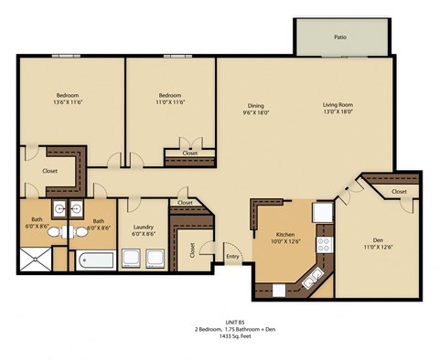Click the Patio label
[339, 37]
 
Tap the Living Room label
[337, 105]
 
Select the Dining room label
[255, 105]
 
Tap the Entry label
[233, 257]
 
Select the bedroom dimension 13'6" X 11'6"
[67, 103]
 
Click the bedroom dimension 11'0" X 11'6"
[171, 103]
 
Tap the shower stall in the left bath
[37, 259]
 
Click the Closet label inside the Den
[399, 192]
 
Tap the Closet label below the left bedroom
[49, 171]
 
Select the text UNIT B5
[219, 321]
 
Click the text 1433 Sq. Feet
[219, 336]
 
